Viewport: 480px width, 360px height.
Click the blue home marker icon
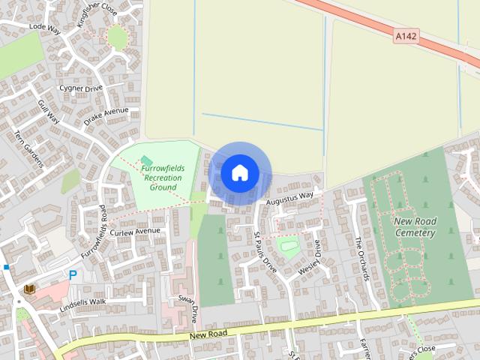[x=240, y=173]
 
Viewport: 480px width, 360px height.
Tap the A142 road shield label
[x=405, y=34]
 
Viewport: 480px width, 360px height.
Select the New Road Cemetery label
[x=415, y=227]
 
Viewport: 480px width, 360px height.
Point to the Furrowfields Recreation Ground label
[x=163, y=178]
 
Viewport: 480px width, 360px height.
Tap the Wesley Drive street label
[x=310, y=258]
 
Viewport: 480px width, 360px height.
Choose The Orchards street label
[x=362, y=259]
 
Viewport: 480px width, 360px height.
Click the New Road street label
[x=208, y=333]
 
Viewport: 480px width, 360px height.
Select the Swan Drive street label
[x=187, y=307]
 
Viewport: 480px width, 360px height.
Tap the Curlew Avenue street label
[x=136, y=232]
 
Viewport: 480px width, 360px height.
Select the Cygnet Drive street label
[x=82, y=88]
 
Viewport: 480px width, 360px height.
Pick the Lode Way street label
[x=44, y=28]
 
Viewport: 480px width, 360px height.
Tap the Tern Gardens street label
[x=29, y=149]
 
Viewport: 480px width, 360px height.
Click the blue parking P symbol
[x=73, y=275]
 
